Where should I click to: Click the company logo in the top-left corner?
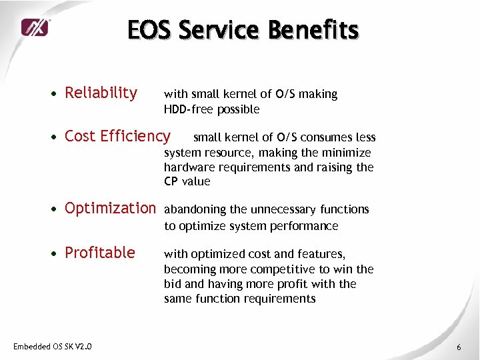(34, 27)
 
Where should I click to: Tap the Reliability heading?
(101, 93)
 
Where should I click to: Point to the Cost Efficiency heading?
(117, 136)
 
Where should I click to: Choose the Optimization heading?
(109, 208)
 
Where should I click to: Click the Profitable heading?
(99, 253)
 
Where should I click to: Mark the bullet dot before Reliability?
(53, 94)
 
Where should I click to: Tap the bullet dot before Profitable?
(53, 254)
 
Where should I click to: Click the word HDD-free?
(188, 109)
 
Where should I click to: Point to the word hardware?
(188, 167)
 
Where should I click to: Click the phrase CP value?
(187, 181)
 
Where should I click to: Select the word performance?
(305, 226)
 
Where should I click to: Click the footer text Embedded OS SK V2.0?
(53, 346)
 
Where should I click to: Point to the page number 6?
(459, 347)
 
